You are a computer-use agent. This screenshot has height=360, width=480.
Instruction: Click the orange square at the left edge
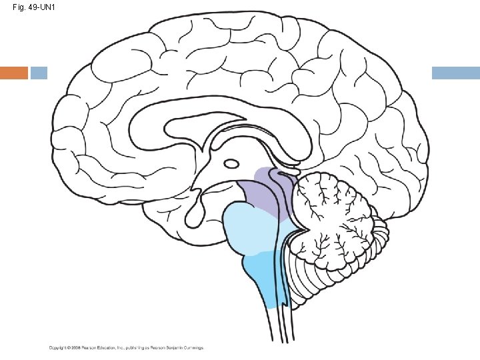coord(13,73)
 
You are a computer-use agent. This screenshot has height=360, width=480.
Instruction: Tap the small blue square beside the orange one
coord(39,73)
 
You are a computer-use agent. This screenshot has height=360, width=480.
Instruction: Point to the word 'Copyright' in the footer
coord(57,347)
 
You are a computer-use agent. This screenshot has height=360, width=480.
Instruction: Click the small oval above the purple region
coord(232,163)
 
